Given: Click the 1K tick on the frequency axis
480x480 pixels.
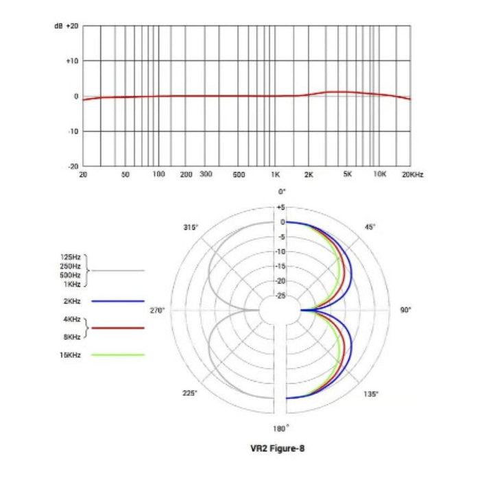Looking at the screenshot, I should pyautogui.click(x=275, y=176).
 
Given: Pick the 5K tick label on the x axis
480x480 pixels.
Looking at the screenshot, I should pyautogui.click(x=347, y=176).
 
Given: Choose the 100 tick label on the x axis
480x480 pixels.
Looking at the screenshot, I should pyautogui.click(x=158, y=176).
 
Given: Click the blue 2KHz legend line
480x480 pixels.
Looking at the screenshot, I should pyautogui.click(x=117, y=301).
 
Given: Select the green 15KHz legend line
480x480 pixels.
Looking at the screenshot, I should pyautogui.click(x=117, y=355).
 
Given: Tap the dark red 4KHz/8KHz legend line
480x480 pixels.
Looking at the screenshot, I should pyautogui.click(x=117, y=328).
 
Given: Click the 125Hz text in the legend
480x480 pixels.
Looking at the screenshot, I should pyautogui.click(x=71, y=257).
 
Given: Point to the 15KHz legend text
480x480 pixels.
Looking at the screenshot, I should pyautogui.click(x=71, y=355).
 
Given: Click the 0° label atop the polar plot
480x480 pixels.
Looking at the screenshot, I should pyautogui.click(x=281, y=192).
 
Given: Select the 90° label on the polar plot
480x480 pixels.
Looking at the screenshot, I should pyautogui.click(x=406, y=311).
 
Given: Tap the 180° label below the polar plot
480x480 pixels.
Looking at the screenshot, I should pyautogui.click(x=281, y=429).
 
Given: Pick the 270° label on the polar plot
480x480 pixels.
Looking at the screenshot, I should pyautogui.click(x=158, y=311).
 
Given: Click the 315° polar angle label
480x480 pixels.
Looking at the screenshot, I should pyautogui.click(x=191, y=227).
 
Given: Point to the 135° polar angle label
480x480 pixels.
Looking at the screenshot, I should pyautogui.click(x=370, y=394).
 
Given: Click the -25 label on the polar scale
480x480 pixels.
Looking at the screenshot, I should pyautogui.click(x=280, y=296).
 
